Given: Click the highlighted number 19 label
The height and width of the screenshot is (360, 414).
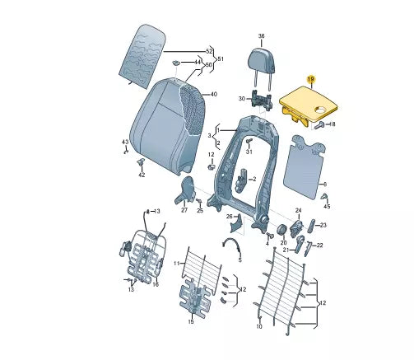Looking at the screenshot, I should [310, 78].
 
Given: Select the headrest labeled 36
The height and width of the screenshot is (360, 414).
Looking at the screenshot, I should [261, 57].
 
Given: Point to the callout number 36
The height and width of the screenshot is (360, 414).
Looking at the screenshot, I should [261, 37].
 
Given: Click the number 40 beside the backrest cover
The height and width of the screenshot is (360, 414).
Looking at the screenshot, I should [213, 95].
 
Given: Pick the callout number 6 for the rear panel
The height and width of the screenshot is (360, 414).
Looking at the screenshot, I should [324, 184].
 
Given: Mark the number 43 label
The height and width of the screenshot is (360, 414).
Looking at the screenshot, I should [125, 143].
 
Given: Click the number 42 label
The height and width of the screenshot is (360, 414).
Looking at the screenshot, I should [142, 175].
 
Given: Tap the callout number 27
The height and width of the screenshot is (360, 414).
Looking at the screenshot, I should [184, 210].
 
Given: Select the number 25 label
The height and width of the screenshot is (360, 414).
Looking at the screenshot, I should [199, 210].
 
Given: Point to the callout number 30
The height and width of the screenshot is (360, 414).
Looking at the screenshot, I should [241, 98].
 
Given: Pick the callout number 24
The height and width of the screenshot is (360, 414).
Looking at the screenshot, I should [299, 210].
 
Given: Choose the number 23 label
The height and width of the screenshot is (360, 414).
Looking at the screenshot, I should [323, 225].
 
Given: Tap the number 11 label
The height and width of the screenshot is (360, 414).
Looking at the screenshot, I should [175, 263].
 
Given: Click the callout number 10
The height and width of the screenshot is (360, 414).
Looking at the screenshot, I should [258, 326].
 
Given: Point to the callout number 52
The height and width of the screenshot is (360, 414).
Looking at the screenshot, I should [208, 51].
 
